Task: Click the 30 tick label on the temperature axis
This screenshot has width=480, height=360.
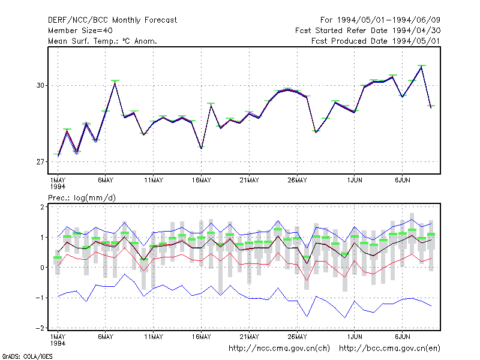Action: [40, 85]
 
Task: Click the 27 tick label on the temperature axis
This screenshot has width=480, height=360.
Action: [40, 161]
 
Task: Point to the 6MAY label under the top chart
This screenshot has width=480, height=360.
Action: [106, 181]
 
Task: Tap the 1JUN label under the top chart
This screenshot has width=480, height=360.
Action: [355, 181]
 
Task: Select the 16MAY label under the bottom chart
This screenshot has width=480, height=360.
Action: [202, 337]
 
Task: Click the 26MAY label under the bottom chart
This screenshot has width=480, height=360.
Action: [297, 337]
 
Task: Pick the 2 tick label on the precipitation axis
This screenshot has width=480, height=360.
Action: [42, 206]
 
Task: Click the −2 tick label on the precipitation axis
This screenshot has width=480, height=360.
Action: [40, 328]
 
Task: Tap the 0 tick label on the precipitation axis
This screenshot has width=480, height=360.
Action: [42, 267]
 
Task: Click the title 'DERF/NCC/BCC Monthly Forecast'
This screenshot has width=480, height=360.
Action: [112, 20]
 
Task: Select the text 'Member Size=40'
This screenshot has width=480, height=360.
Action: [80, 31]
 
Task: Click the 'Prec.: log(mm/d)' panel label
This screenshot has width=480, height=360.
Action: [82, 198]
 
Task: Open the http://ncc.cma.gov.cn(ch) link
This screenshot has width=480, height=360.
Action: [279, 349]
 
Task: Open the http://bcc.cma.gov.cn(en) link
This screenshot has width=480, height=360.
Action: [389, 349]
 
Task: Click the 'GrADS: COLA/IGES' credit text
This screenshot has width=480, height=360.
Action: [27, 356]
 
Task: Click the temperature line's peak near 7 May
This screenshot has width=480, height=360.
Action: [115, 82]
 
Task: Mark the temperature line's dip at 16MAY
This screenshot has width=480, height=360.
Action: [202, 148]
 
